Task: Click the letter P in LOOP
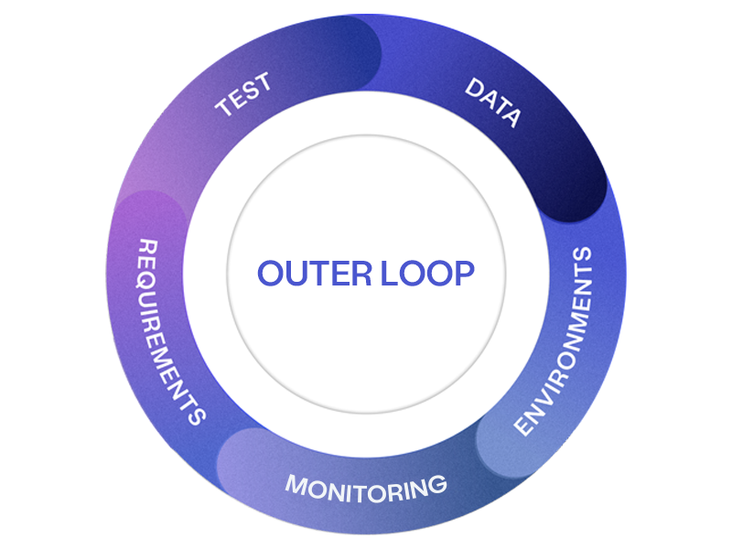point(463,274)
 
